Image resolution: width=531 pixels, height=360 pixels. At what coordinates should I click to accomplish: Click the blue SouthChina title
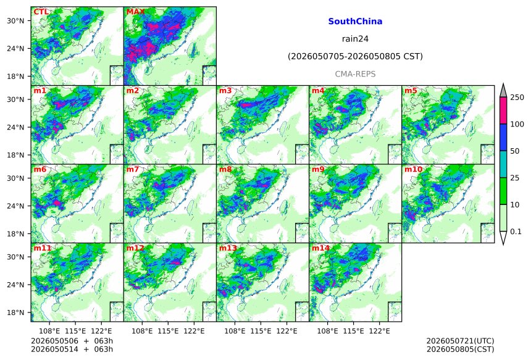click(355, 22)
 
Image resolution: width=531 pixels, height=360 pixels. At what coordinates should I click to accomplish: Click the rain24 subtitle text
click(355, 39)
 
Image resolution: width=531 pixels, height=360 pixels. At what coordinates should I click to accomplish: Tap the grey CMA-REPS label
click(355, 74)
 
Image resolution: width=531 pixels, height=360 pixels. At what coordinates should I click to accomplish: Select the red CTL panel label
click(41, 12)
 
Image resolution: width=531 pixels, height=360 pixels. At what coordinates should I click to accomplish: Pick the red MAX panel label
click(135, 12)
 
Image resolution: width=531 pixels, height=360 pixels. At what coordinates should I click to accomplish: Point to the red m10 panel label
click(413, 169)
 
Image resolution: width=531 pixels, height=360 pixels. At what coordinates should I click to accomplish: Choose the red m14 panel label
click(320, 248)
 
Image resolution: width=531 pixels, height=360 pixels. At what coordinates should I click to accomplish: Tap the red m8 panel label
click(225, 169)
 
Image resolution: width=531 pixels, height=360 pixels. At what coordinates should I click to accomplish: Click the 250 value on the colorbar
click(517, 98)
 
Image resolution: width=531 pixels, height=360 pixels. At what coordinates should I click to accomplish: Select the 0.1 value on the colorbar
click(516, 232)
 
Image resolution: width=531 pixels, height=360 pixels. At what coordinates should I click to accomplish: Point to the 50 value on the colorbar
click(515, 151)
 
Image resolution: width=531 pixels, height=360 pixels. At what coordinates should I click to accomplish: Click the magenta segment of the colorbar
click(503, 111)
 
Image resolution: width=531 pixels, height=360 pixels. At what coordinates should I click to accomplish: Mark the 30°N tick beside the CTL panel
click(15, 20)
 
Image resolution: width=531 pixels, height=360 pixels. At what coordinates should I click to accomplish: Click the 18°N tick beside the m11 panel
click(15, 312)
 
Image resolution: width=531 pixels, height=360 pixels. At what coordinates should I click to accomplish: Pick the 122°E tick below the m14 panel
click(380, 331)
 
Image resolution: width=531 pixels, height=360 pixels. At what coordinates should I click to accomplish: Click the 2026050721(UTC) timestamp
click(460, 341)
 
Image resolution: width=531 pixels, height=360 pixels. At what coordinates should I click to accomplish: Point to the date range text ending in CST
click(355, 56)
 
